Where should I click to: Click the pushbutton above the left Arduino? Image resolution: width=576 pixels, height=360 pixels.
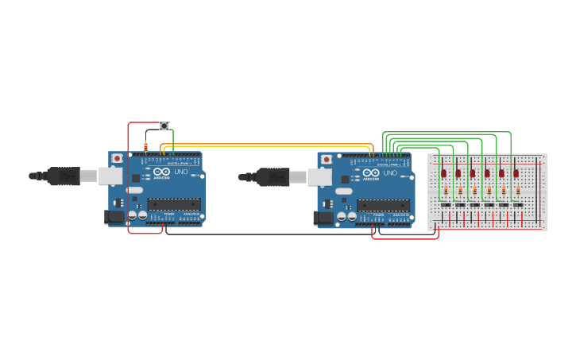[164, 126]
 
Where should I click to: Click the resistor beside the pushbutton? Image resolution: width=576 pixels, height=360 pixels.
[145, 146]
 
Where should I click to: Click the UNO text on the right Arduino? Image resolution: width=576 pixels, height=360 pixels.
[390, 172]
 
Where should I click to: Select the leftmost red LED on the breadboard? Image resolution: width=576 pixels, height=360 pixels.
[444, 172]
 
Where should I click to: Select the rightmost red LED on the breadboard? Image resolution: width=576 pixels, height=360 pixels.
[516, 172]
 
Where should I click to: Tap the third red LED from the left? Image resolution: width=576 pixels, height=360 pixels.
[473, 172]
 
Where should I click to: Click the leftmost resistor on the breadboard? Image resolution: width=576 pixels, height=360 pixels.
[446, 191]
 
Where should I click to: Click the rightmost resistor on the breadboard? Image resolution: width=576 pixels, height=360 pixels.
[518, 191]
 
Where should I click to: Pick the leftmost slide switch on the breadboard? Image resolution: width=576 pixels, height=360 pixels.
[446, 205]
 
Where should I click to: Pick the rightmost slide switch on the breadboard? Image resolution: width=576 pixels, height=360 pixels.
[518, 205]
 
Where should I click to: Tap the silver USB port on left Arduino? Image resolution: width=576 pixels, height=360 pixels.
[110, 176]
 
